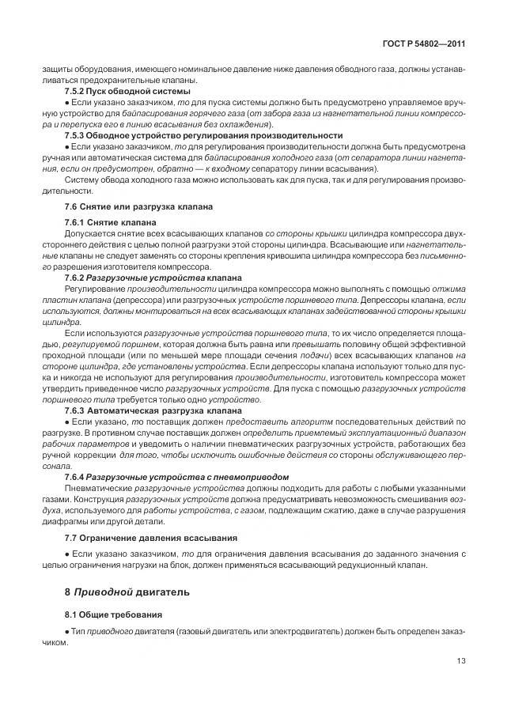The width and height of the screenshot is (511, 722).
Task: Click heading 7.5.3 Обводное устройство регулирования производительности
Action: (203, 135)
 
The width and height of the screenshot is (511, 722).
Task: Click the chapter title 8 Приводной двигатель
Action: (127, 592)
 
